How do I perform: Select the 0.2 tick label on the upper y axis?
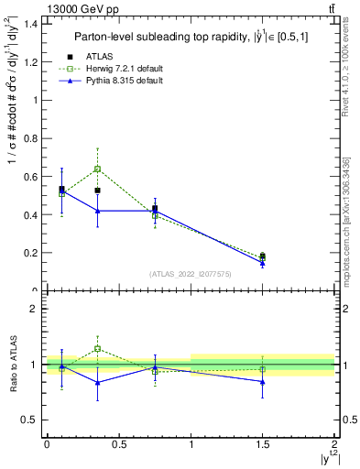point(32,253)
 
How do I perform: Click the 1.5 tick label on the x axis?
point(263,443)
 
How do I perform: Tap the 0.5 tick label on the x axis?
point(118,443)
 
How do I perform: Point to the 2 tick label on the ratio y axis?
point(35,309)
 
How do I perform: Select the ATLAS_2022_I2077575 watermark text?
point(191,274)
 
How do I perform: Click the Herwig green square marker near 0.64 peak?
point(97,169)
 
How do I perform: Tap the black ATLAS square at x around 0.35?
point(97,191)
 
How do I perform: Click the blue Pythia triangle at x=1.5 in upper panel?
point(263,264)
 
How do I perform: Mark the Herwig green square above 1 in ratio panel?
point(97,349)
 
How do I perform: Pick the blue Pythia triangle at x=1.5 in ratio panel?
point(263,382)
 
